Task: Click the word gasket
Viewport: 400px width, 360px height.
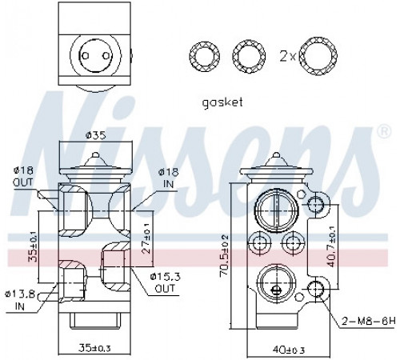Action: point(222,102)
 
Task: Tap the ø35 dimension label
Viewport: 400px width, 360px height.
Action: point(95,135)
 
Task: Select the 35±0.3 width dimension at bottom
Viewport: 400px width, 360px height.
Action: point(94,347)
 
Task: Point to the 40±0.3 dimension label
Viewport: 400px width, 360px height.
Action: point(288,350)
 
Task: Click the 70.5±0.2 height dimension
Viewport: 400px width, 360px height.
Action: point(225,255)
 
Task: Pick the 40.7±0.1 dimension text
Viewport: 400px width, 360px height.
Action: point(331,246)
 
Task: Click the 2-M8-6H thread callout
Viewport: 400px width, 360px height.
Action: point(369,321)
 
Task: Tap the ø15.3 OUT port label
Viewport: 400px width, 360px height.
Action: point(165,282)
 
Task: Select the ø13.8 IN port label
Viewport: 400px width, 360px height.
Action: point(20,301)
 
